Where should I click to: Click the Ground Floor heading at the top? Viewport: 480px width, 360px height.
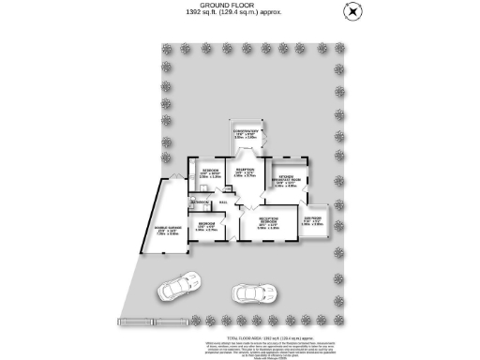tap(239, 5)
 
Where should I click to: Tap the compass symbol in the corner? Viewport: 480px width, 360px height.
tap(352, 10)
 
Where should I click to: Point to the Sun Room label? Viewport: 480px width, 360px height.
tap(312, 223)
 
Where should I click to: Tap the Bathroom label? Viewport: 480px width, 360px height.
tap(199, 202)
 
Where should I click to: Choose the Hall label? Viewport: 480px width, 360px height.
tap(223, 202)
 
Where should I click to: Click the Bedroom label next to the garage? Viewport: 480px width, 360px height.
tap(208, 225)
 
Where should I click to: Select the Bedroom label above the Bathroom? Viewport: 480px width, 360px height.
tap(209, 173)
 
